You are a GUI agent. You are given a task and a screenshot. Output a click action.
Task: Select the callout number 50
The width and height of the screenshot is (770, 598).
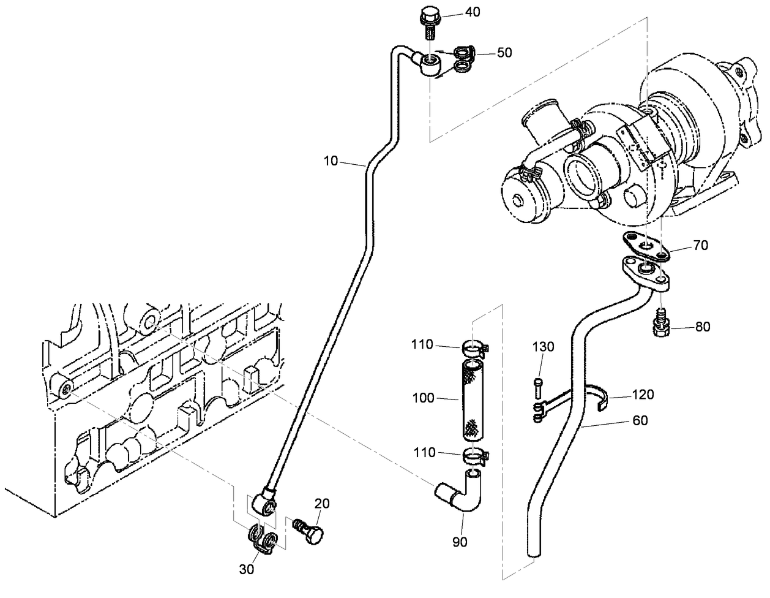pos(504,53)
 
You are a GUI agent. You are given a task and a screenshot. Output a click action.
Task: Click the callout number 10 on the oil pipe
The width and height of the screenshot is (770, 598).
pos(331,161)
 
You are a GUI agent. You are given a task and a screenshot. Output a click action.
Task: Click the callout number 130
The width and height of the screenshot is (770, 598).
pos(542,347)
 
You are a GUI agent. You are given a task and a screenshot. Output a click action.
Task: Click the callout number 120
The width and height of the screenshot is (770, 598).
pos(642,395)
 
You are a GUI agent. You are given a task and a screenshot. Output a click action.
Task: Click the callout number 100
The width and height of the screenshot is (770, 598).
pos(424,398)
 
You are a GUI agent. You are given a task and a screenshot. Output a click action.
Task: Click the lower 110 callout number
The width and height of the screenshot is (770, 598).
pos(424,453)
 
